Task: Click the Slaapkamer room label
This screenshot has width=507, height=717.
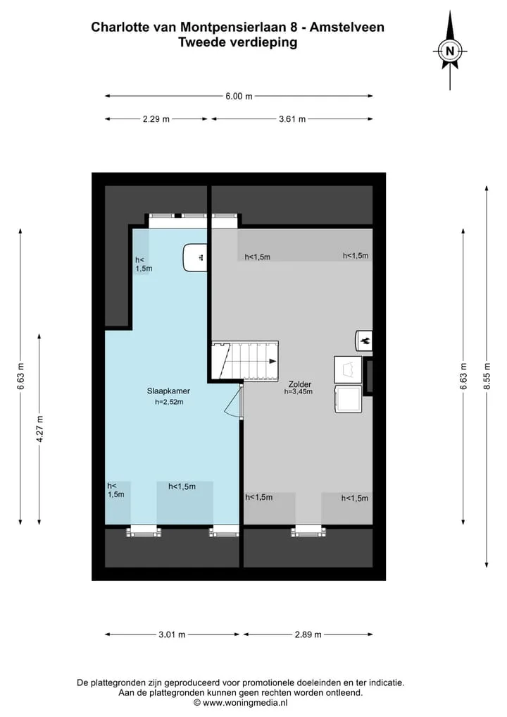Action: [168, 391]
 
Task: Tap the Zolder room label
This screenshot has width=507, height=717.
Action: [300, 384]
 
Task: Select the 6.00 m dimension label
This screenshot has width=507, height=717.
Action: [239, 96]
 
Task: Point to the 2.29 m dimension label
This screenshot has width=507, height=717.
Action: [156, 119]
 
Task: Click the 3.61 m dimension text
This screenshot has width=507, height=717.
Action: [292, 119]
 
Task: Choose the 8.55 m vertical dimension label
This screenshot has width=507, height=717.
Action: [487, 376]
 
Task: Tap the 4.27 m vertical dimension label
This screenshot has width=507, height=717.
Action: [39, 429]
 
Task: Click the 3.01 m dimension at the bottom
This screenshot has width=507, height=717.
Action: [173, 635]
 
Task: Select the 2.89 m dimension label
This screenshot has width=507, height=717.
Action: [308, 635]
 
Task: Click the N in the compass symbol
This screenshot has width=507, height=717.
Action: [450, 51]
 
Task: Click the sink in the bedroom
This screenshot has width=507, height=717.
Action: [196, 257]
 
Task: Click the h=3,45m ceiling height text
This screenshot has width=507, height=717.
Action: [299, 391]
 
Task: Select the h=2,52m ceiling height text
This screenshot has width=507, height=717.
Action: [169, 402]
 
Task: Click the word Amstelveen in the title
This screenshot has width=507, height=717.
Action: [347, 27]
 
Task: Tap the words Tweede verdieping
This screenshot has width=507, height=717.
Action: [237, 42]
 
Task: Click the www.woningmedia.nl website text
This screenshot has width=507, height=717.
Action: [245, 703]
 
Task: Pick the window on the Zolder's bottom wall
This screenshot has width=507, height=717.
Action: [308, 531]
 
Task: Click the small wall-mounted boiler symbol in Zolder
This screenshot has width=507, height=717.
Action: [364, 341]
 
